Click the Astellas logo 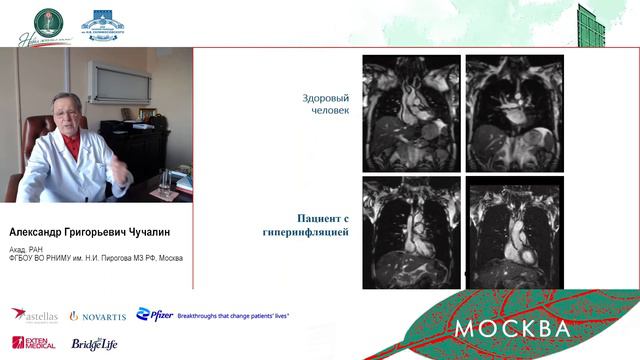click(35, 315)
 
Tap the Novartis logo click(99, 316)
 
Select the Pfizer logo click(154, 315)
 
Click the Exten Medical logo click(33, 342)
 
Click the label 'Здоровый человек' click(326, 106)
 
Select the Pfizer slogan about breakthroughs click(233, 315)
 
